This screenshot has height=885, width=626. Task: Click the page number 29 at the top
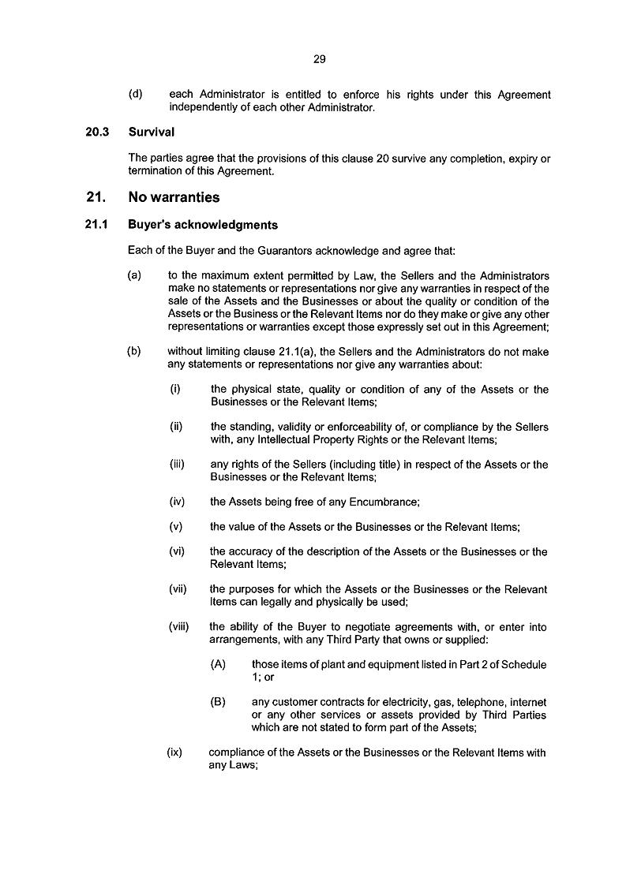tap(319, 58)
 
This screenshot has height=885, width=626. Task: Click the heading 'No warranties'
tap(174, 197)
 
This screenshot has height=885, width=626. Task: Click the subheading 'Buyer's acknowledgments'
tap(203, 225)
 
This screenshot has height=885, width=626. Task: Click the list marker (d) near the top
tap(135, 95)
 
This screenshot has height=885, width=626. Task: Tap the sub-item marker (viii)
tap(179, 627)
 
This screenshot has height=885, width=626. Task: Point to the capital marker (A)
tap(219, 664)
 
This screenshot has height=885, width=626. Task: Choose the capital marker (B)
tap(219, 702)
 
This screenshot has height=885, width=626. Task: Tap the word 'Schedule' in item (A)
tap(525, 664)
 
